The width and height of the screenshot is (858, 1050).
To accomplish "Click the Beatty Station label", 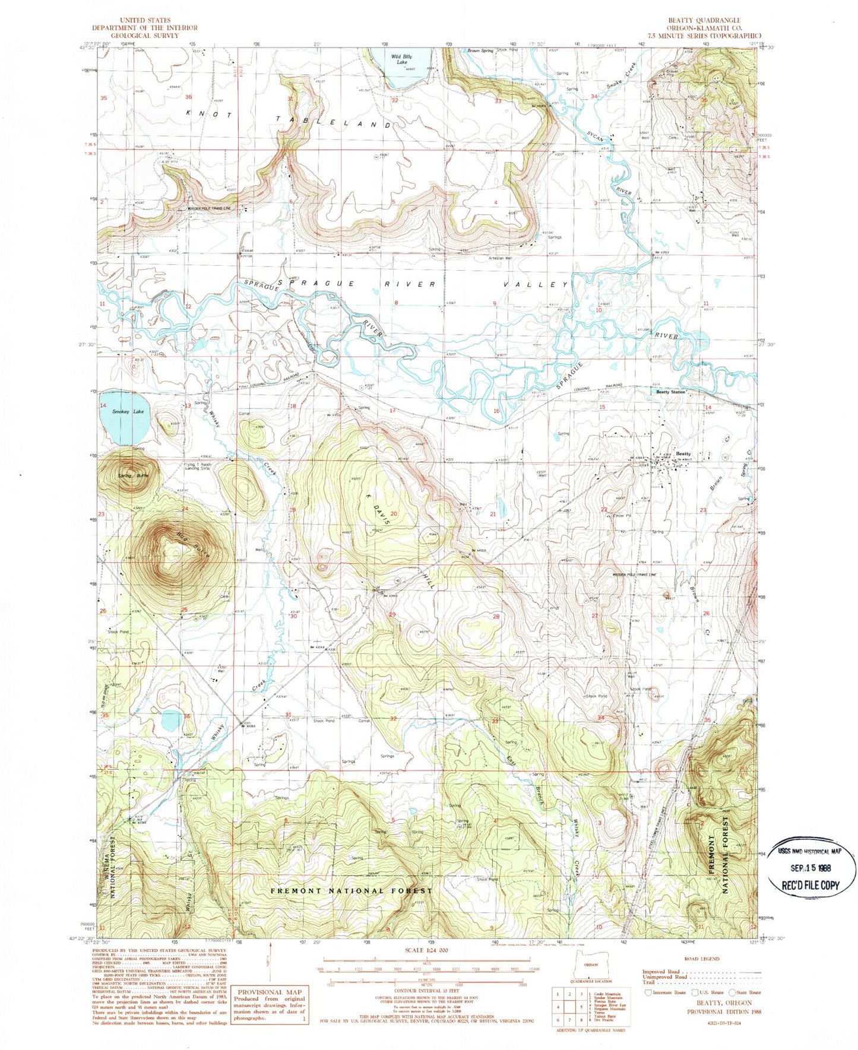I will tap(670, 392).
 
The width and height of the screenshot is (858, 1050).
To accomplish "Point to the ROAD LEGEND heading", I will tap(701, 959).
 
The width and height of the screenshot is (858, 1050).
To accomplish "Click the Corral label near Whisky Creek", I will tap(244, 413).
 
